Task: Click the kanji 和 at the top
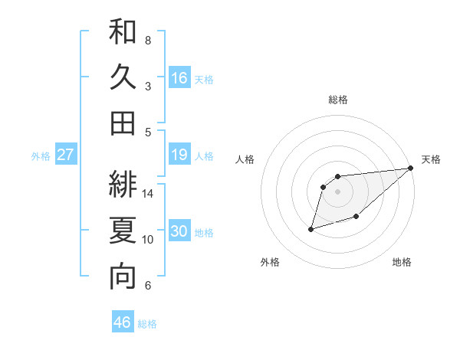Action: point(123,32)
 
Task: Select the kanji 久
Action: point(123,77)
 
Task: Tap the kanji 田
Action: point(123,123)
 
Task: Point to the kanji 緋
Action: point(123,185)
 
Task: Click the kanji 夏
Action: point(123,231)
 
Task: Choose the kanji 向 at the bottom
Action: point(123,277)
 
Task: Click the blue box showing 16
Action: point(179,77)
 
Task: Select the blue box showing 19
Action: point(179,154)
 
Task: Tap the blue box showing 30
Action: point(179,231)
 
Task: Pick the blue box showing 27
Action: point(66,154)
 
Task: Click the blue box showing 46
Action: point(123,322)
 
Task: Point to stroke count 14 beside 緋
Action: point(149,194)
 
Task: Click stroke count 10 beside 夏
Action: point(149,240)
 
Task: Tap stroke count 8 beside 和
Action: point(148,41)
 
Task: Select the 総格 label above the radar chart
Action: point(338,100)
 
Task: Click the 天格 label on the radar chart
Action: point(432,159)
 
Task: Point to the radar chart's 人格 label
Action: point(245,159)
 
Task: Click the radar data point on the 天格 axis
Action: point(411,168)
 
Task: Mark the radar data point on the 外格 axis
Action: point(311,228)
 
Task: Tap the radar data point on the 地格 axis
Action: point(356,217)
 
